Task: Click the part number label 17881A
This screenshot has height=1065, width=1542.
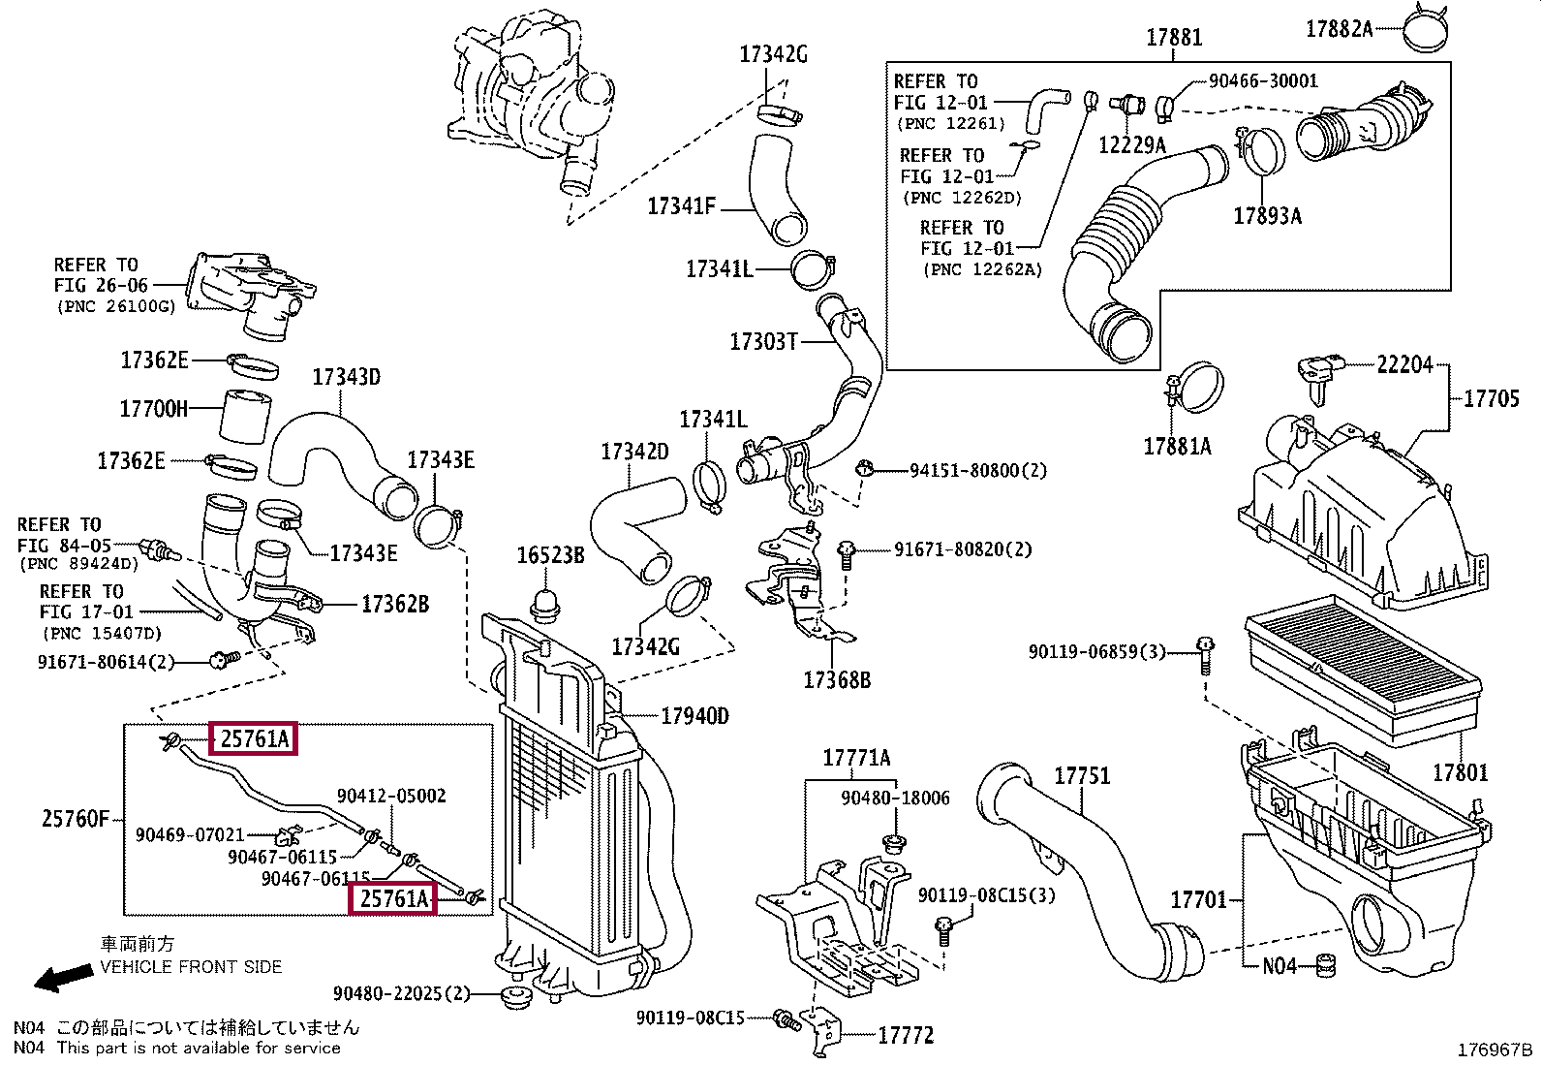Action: tap(1177, 447)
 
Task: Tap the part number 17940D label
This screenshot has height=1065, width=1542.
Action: tap(694, 717)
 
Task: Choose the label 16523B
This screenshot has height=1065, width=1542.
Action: tap(550, 555)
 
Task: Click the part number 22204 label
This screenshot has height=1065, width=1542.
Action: tap(1404, 365)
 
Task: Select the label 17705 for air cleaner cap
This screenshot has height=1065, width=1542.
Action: tap(1491, 398)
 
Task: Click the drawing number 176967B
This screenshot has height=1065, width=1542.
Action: tap(1496, 1050)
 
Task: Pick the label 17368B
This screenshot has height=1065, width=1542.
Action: tap(837, 680)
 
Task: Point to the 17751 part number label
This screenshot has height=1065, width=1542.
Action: tap(1082, 776)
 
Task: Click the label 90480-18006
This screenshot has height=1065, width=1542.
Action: tap(895, 798)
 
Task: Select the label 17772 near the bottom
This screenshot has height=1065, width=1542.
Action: tap(906, 1036)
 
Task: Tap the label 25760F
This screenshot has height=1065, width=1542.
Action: tap(76, 819)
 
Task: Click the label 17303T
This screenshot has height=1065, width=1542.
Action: tap(763, 342)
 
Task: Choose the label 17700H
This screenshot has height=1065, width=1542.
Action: tap(154, 409)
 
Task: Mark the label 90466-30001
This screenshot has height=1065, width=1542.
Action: tap(1263, 81)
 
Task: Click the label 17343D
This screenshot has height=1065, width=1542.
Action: tap(346, 377)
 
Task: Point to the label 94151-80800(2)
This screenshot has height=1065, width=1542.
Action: tap(978, 471)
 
